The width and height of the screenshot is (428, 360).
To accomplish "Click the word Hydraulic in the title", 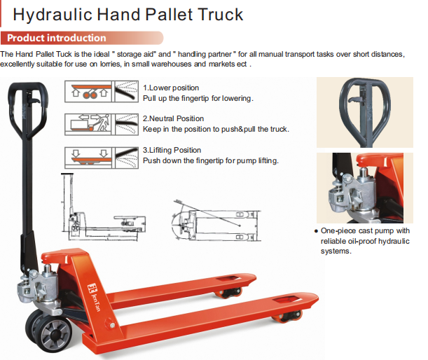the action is click(53, 15).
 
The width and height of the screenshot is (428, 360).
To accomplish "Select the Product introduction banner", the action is click(82, 38).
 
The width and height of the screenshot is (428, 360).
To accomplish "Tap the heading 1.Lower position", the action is click(171, 88).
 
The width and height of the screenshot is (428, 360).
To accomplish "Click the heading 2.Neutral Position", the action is click(173, 118).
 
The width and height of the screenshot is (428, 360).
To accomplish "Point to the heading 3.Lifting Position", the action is click(172, 150).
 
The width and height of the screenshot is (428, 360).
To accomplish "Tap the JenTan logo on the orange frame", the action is click(95, 297).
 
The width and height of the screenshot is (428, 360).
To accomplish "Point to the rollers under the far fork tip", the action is click(229, 293).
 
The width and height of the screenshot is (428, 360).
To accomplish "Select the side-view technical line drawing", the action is click(103, 207).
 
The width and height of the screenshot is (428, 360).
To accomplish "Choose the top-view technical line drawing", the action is click(216, 221).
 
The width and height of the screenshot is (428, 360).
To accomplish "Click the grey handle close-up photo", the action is click(365, 112).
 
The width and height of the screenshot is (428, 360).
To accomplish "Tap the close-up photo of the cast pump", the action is click(365, 188).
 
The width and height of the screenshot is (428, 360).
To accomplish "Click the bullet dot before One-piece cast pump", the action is click(316, 231).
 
